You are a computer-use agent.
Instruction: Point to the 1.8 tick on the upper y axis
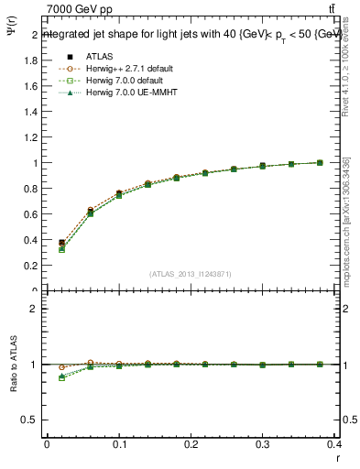(x=30, y=60)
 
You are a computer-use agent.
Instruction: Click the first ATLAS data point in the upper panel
(x=61, y=243)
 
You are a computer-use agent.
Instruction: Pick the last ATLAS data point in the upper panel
(x=320, y=162)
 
